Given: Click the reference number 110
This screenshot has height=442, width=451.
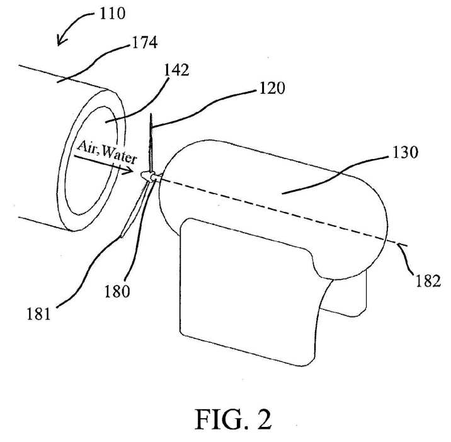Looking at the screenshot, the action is coord(112,13).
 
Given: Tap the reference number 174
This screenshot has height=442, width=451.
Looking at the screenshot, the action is coord(144,43).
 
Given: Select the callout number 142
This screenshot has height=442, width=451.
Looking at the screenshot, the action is coord(176,70).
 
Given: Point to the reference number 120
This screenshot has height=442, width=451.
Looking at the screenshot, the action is coord(272,88).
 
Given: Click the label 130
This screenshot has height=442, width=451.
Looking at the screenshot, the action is coord(405,152).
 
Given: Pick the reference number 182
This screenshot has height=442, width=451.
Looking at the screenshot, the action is coord(428,280).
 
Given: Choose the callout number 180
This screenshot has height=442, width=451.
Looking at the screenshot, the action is coord(117,291).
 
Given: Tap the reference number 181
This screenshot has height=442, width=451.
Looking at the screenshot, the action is coord(39,314).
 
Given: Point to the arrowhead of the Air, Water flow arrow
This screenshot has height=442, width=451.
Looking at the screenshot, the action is coord(129,170).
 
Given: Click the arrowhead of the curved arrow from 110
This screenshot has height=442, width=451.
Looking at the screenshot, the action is coord(60,40).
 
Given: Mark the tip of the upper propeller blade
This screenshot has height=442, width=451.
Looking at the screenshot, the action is coord(151,114).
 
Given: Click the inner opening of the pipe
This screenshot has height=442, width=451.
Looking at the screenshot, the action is coord(91,160).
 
